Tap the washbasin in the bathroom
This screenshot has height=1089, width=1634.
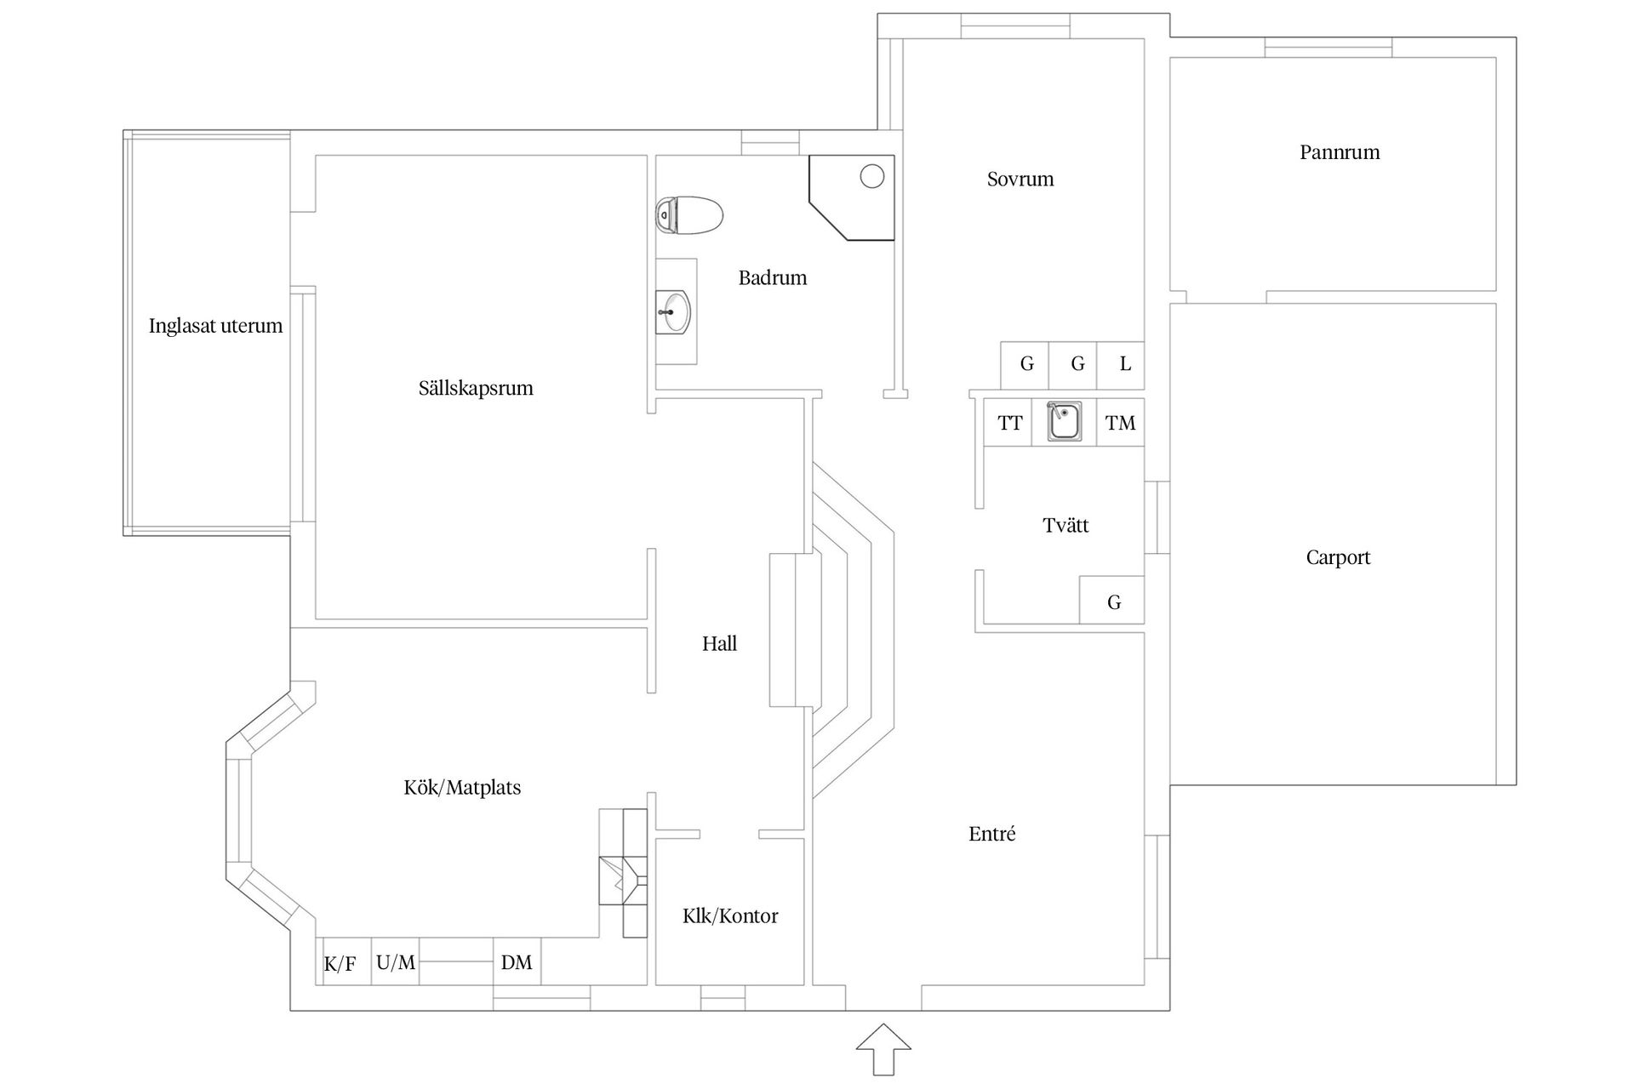[673, 312]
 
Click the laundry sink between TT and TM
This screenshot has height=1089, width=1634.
[1064, 422]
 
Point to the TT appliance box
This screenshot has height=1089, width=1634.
[1008, 423]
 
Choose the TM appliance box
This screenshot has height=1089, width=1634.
[1120, 423]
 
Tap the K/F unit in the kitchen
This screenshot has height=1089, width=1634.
[340, 963]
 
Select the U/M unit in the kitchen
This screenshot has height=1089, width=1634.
[396, 962]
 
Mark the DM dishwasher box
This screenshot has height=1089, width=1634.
[517, 962]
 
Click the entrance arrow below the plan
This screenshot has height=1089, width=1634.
[883, 1049]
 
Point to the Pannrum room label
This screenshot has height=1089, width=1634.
[1340, 153]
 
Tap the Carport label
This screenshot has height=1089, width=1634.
[1338, 558]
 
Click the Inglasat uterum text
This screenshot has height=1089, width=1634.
[215, 326]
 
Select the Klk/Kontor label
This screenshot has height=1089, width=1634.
[730, 916]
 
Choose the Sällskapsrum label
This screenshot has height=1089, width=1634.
[476, 389]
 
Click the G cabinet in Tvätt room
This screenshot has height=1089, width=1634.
[1112, 602]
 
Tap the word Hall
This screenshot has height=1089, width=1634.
[719, 644]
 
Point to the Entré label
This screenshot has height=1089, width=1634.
[992, 835]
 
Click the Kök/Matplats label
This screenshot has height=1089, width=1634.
[462, 788]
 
